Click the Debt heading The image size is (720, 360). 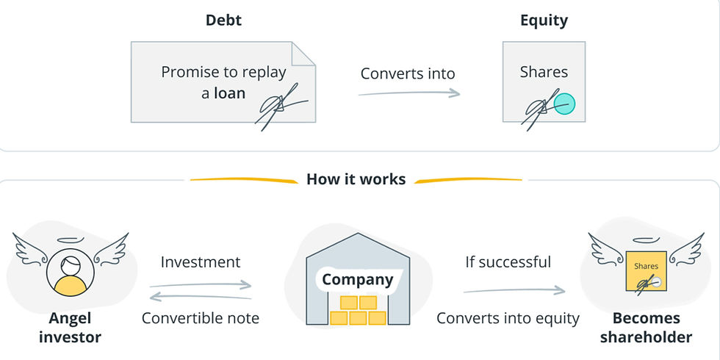coord(223,21)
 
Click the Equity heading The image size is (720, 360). coord(544,21)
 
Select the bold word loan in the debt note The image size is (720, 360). coord(229,94)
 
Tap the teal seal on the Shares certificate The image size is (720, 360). coord(564,104)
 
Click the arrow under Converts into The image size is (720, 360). coord(409,93)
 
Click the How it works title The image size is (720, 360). coord(356,179)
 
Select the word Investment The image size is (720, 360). coord(200,262)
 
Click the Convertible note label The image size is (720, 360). coord(200,318)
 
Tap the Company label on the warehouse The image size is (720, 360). coord(358,280)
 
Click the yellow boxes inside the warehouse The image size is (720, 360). coord(358,310)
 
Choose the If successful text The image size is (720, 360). coord(508,262)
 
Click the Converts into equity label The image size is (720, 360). coord(508,318)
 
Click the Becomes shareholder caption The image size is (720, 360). coord(646,328)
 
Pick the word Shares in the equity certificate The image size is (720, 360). coord(544,72)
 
